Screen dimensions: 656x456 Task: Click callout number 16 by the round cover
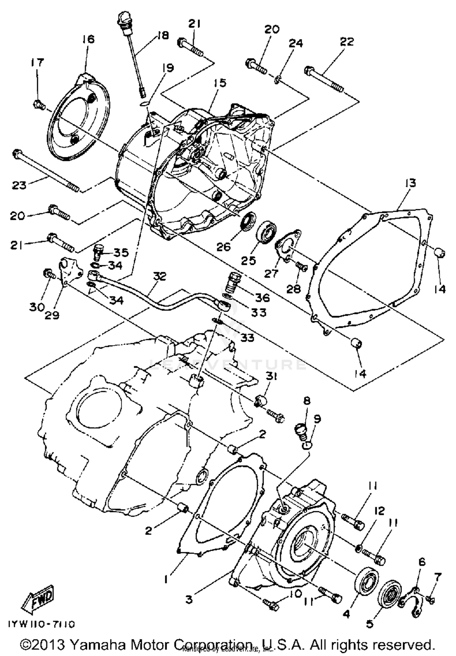[x=88, y=39]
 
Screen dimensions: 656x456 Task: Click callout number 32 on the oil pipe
[x=160, y=276]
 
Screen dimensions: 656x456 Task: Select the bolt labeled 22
[x=324, y=79]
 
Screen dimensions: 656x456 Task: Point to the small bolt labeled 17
[x=39, y=106]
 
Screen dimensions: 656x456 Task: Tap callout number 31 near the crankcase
[x=271, y=377]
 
